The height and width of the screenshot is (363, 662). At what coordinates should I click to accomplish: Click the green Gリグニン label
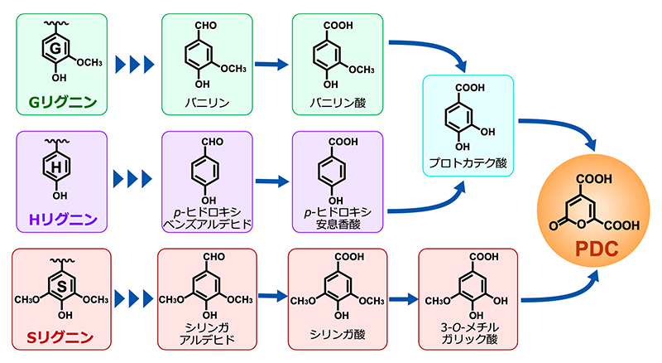click(63, 102)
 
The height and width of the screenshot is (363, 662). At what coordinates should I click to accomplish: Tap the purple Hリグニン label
click(63, 219)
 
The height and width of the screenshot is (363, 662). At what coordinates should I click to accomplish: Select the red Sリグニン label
click(60, 337)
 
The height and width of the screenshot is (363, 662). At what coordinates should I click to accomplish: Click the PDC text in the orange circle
click(597, 249)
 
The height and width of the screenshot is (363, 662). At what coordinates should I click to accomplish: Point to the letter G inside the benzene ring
click(55, 48)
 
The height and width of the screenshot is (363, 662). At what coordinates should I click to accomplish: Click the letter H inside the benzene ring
click(56, 167)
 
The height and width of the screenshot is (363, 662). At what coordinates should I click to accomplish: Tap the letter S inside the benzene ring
click(62, 287)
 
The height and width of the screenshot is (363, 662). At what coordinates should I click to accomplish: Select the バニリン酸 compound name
click(338, 103)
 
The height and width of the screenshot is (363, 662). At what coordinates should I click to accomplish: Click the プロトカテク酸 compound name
click(468, 163)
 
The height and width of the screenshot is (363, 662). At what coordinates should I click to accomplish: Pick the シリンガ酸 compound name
click(338, 334)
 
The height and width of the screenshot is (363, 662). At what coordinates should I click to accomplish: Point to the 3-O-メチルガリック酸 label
click(469, 333)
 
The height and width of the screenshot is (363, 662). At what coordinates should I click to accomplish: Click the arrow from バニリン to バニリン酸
click(271, 65)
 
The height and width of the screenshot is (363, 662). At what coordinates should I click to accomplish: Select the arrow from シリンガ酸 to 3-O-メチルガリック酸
click(403, 299)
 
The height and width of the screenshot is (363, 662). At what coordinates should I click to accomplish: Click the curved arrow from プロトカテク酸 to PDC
click(564, 126)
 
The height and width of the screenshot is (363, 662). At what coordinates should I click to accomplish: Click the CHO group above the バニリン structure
click(205, 26)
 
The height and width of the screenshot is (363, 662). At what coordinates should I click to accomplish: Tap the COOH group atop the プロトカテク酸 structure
click(469, 88)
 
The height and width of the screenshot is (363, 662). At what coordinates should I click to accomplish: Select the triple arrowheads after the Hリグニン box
click(132, 179)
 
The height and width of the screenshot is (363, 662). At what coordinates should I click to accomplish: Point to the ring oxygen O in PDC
click(582, 224)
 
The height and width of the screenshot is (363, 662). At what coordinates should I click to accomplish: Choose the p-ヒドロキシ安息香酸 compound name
click(338, 218)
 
